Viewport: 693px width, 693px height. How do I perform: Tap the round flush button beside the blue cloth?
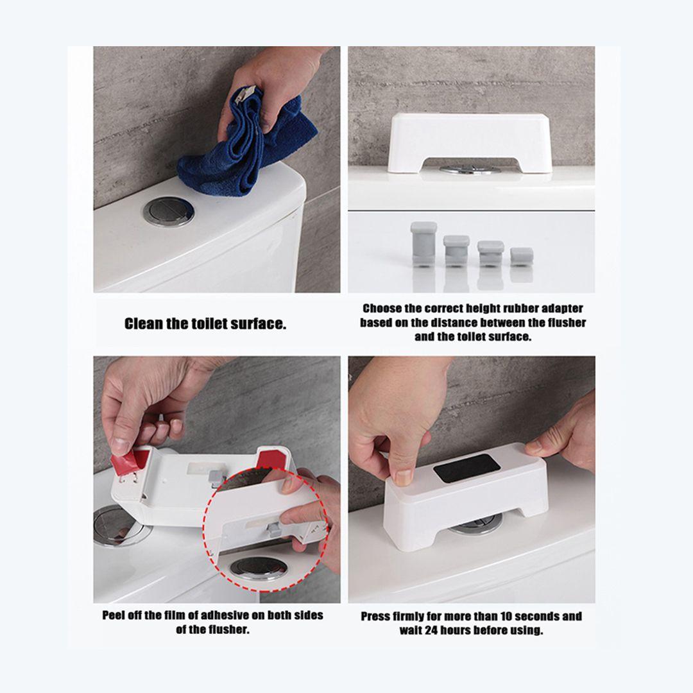click(169, 212)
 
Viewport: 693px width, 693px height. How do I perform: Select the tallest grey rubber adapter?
click(424, 244)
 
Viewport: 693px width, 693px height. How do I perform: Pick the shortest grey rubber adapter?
click(522, 257)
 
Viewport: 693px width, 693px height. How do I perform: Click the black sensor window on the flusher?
click(466, 468)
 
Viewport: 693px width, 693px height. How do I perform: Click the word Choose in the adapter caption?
click(382, 309)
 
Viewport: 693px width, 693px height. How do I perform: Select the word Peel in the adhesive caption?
click(114, 615)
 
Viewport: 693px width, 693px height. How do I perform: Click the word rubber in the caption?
click(523, 309)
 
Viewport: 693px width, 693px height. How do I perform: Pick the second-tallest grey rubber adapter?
click(456, 251)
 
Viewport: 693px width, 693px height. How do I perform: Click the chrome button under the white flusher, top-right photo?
click(469, 169)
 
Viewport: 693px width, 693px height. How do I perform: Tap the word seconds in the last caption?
click(536, 616)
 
